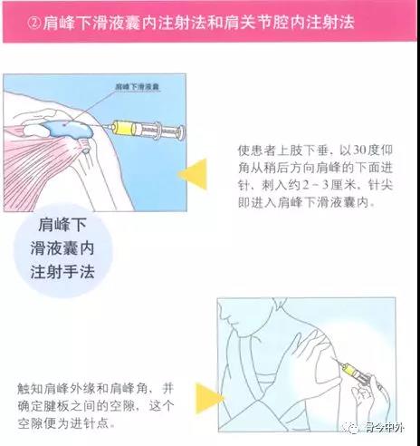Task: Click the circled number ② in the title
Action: (x=34, y=24)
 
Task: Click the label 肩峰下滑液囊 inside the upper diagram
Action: (x=138, y=87)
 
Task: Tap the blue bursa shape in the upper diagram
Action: (x=67, y=129)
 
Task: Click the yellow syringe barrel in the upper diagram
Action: (x=123, y=128)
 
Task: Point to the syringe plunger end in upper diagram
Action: (x=181, y=132)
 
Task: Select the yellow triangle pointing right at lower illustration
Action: (x=209, y=398)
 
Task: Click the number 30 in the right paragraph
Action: (x=359, y=150)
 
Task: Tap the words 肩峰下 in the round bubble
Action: (x=62, y=225)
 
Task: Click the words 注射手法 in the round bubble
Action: (x=62, y=272)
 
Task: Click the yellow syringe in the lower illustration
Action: (x=353, y=371)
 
